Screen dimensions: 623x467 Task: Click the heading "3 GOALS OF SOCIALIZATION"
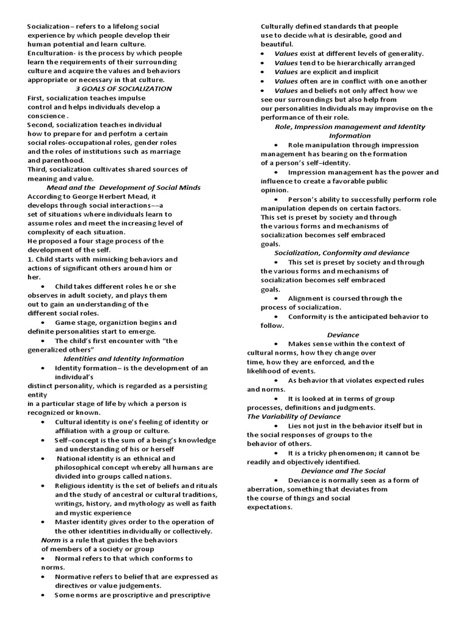123,88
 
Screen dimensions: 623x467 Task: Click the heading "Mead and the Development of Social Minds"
123,187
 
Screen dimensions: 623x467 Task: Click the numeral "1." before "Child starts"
30,259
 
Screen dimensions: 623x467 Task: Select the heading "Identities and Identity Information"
123,358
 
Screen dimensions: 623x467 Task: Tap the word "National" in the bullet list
72,458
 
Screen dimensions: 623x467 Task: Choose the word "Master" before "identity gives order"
67,521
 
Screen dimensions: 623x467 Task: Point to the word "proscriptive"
127,594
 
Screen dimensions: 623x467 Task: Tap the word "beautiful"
277,44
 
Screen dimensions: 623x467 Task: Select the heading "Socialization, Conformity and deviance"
342,252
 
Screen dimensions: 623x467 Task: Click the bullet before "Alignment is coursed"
276,298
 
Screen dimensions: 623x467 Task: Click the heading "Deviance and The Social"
343,471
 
